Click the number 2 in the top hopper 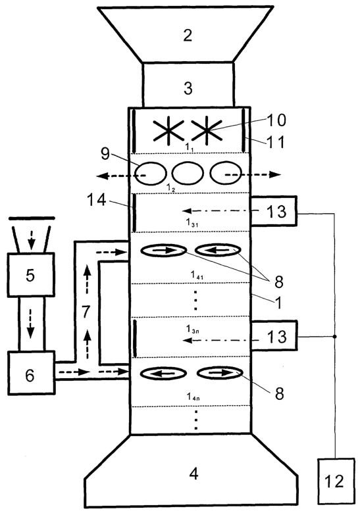click(x=188, y=35)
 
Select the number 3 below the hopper click(x=188, y=88)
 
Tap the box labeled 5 click(x=31, y=275)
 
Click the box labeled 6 click(x=32, y=373)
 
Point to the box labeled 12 click(x=336, y=481)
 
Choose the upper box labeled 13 click(x=274, y=211)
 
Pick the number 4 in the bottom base click(x=193, y=473)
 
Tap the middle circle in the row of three click(x=188, y=173)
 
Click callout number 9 click(x=105, y=153)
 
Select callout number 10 click(x=276, y=120)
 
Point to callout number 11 click(x=276, y=142)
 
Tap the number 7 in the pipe click(x=86, y=312)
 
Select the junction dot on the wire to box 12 click(x=334, y=336)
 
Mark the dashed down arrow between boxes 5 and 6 click(x=30, y=325)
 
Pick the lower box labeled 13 click(x=274, y=336)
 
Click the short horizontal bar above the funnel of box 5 click(x=32, y=218)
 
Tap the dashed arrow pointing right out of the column click(x=253, y=175)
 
